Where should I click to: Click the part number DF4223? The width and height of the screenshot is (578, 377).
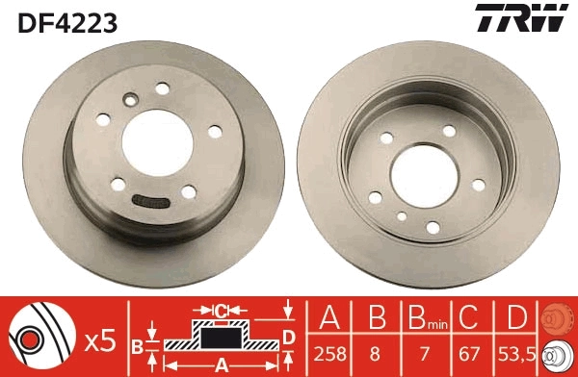(x=66, y=21)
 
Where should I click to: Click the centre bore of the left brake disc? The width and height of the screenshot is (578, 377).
(x=153, y=143)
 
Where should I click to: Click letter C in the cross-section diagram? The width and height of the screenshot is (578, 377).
(x=220, y=310)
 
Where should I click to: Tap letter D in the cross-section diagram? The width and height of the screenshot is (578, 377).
(x=288, y=336)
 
